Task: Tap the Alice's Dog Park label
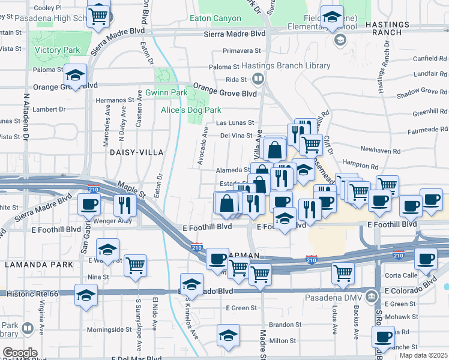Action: [191, 110]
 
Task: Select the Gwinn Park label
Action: [166, 93]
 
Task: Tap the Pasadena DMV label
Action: [341, 296]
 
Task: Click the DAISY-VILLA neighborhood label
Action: [136, 152]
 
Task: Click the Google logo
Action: [20, 353]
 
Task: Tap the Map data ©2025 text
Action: [423, 355]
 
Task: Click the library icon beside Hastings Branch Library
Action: [258, 78]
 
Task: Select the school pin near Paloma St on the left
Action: [76, 75]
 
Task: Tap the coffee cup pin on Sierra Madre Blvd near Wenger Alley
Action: [89, 204]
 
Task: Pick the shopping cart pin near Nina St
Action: [136, 265]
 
